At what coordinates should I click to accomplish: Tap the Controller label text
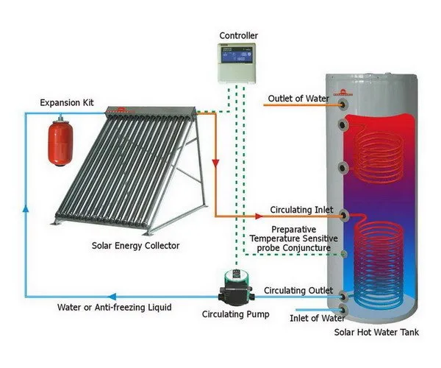(x=239, y=36)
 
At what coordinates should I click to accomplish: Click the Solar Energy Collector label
(x=135, y=245)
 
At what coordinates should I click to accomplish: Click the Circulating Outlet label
(x=298, y=290)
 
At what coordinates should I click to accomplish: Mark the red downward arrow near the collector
(x=214, y=162)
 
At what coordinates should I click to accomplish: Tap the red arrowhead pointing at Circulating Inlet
(x=258, y=216)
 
